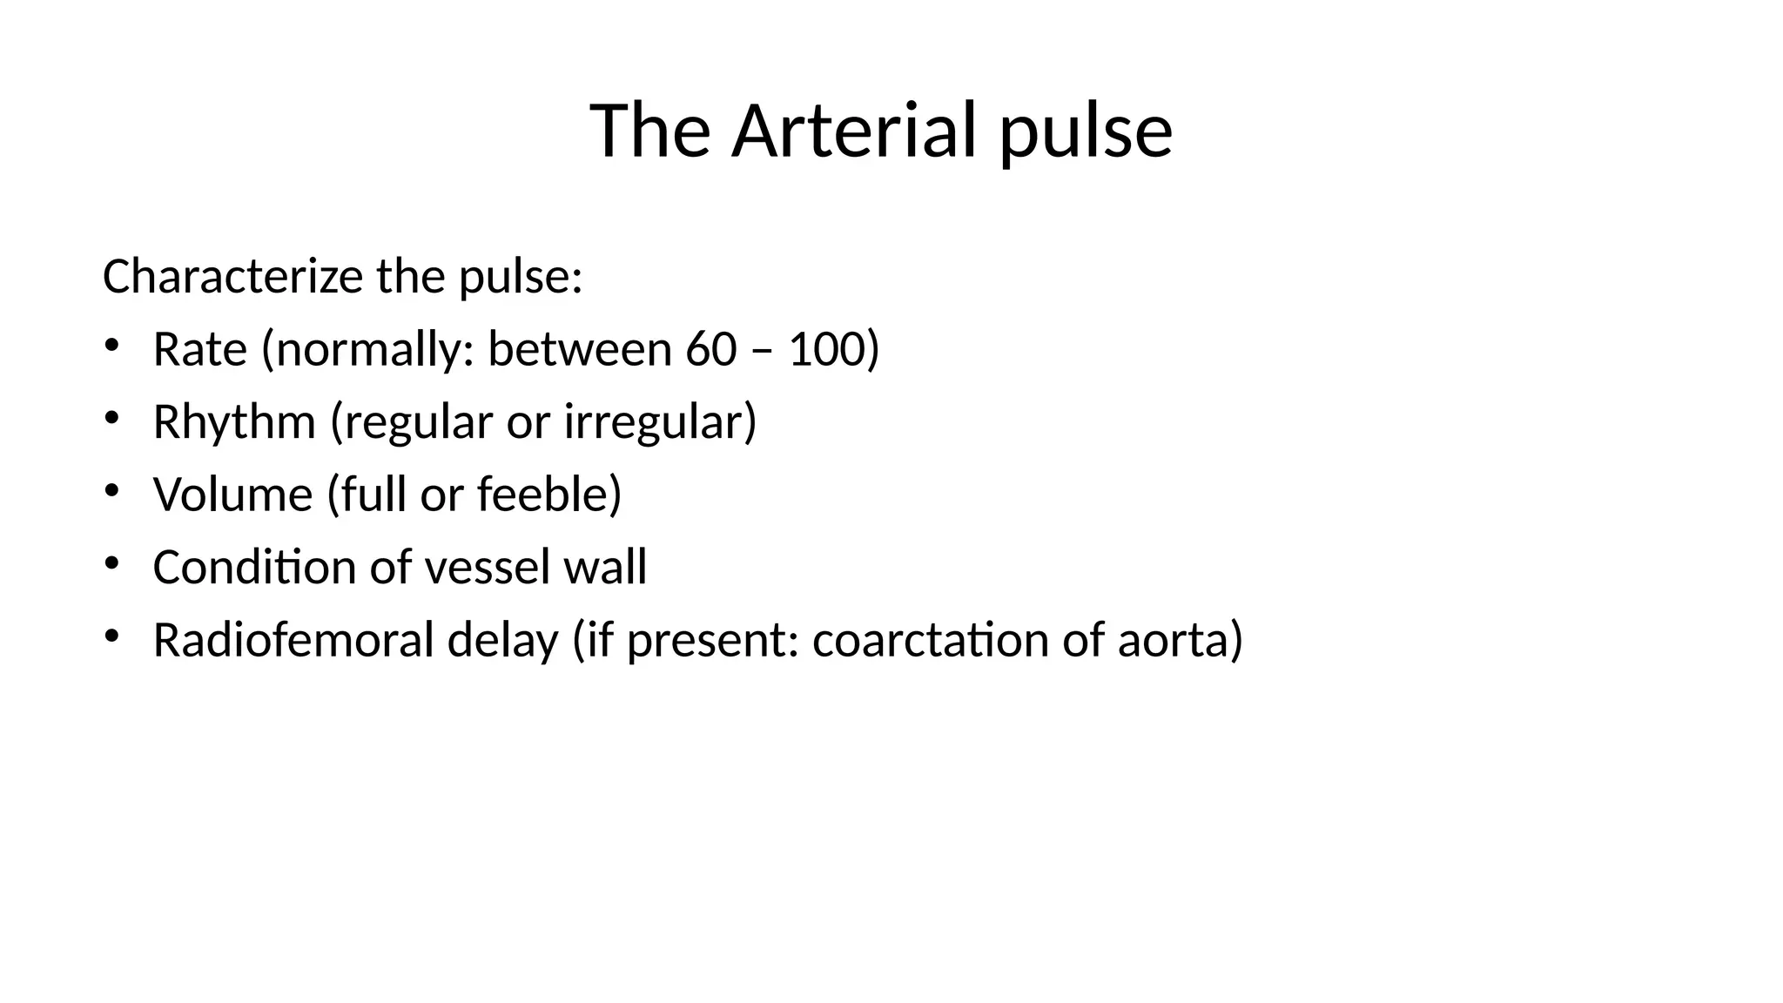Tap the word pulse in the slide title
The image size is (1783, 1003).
click(1086, 132)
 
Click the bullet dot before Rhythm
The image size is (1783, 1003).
click(111, 419)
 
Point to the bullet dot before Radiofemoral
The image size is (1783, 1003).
click(111, 636)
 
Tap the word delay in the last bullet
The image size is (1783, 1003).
click(502, 640)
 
